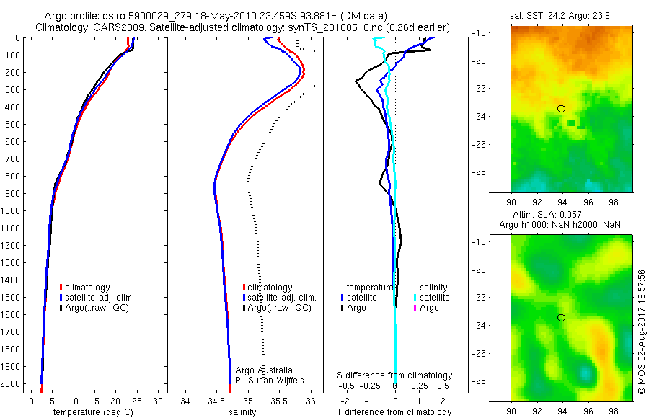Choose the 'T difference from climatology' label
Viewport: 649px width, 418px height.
pos(394,412)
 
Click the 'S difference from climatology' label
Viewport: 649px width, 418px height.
pos(394,375)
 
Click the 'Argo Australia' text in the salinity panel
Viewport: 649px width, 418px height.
pos(265,370)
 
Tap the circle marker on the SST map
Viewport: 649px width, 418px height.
pos(562,109)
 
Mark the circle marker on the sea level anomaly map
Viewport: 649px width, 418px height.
pos(562,318)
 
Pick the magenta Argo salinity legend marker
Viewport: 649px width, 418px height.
pos(415,308)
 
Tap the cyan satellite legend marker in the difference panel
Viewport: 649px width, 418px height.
pos(415,297)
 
